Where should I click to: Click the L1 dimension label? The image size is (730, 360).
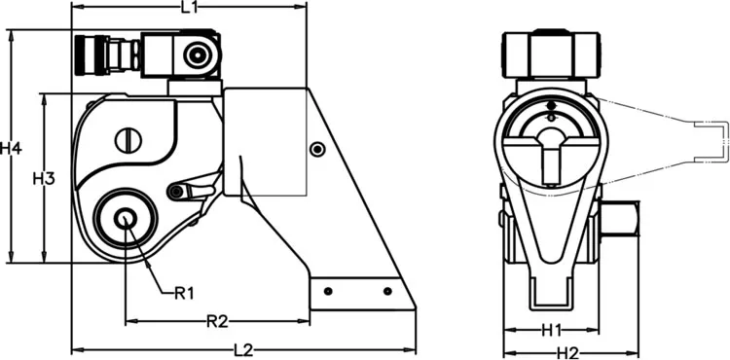(x=190, y=9)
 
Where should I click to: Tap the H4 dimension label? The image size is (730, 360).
(x=11, y=149)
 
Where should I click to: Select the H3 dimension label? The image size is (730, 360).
(x=43, y=179)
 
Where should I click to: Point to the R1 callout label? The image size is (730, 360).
(x=185, y=292)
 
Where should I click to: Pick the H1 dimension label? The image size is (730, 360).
(x=552, y=329)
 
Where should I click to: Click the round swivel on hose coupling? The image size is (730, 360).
(x=200, y=54)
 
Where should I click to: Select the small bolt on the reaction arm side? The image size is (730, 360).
(x=316, y=149)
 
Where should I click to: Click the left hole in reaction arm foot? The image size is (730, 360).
(x=329, y=291)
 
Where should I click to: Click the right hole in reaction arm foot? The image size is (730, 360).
(x=387, y=291)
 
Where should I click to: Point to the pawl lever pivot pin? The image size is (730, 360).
(x=175, y=192)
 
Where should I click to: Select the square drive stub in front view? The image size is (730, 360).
(x=615, y=222)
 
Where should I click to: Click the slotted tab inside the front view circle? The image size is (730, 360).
(x=552, y=161)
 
